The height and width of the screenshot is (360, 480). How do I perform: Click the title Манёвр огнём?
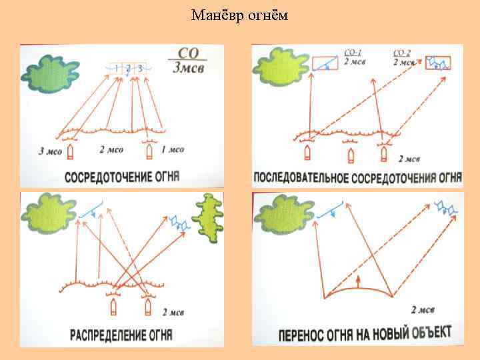[239, 15]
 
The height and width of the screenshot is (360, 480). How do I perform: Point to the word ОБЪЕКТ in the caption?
[425, 331]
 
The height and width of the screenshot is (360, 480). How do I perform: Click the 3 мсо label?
[50, 151]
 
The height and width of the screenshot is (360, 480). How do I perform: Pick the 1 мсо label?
[173, 150]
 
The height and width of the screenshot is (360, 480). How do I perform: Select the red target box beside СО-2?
[439, 62]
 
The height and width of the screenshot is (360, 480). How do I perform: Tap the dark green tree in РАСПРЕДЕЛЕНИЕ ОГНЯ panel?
[210, 220]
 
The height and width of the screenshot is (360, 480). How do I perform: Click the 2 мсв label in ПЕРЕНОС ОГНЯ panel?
[424, 310]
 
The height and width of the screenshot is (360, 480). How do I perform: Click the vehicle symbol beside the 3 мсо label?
[71, 151]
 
